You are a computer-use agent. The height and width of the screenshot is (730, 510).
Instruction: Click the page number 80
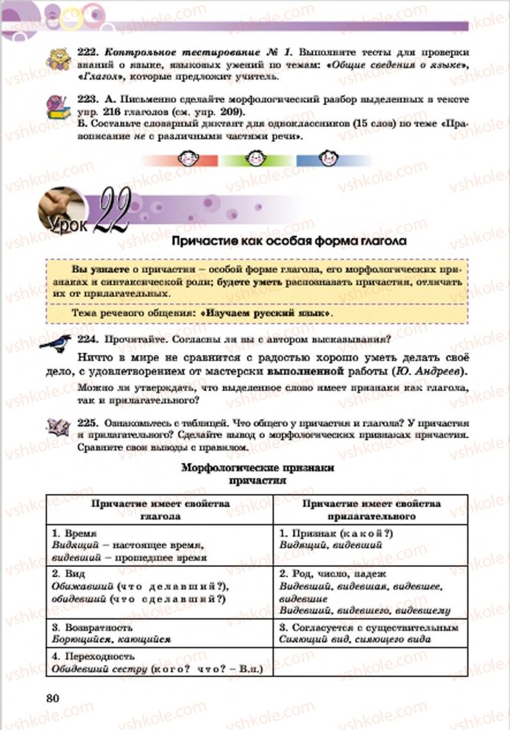pos(54,698)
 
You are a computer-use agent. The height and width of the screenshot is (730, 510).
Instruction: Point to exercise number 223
pos(88,99)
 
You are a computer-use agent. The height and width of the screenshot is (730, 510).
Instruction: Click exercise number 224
pos(88,340)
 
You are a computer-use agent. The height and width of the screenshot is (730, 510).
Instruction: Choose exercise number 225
pos(88,423)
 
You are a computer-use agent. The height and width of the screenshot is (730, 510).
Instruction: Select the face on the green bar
pos(255,158)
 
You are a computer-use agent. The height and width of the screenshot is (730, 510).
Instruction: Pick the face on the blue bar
pos(327,158)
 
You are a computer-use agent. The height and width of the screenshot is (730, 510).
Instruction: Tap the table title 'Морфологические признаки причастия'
pos(258,473)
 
